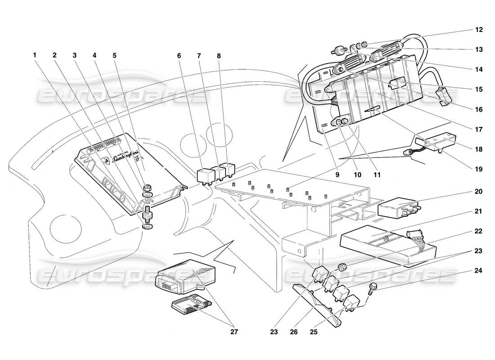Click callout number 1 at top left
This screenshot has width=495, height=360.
(x=35, y=55)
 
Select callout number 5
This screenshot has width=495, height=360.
(x=114, y=55)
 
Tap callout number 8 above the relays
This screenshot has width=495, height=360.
(x=219, y=55)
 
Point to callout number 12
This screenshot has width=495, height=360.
(x=478, y=30)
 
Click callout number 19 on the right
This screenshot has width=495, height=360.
(x=478, y=170)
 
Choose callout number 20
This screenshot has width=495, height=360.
(x=478, y=192)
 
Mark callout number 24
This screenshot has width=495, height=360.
(x=478, y=271)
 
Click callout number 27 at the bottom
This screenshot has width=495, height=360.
(x=232, y=333)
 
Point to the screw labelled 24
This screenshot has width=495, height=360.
(x=373, y=287)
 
